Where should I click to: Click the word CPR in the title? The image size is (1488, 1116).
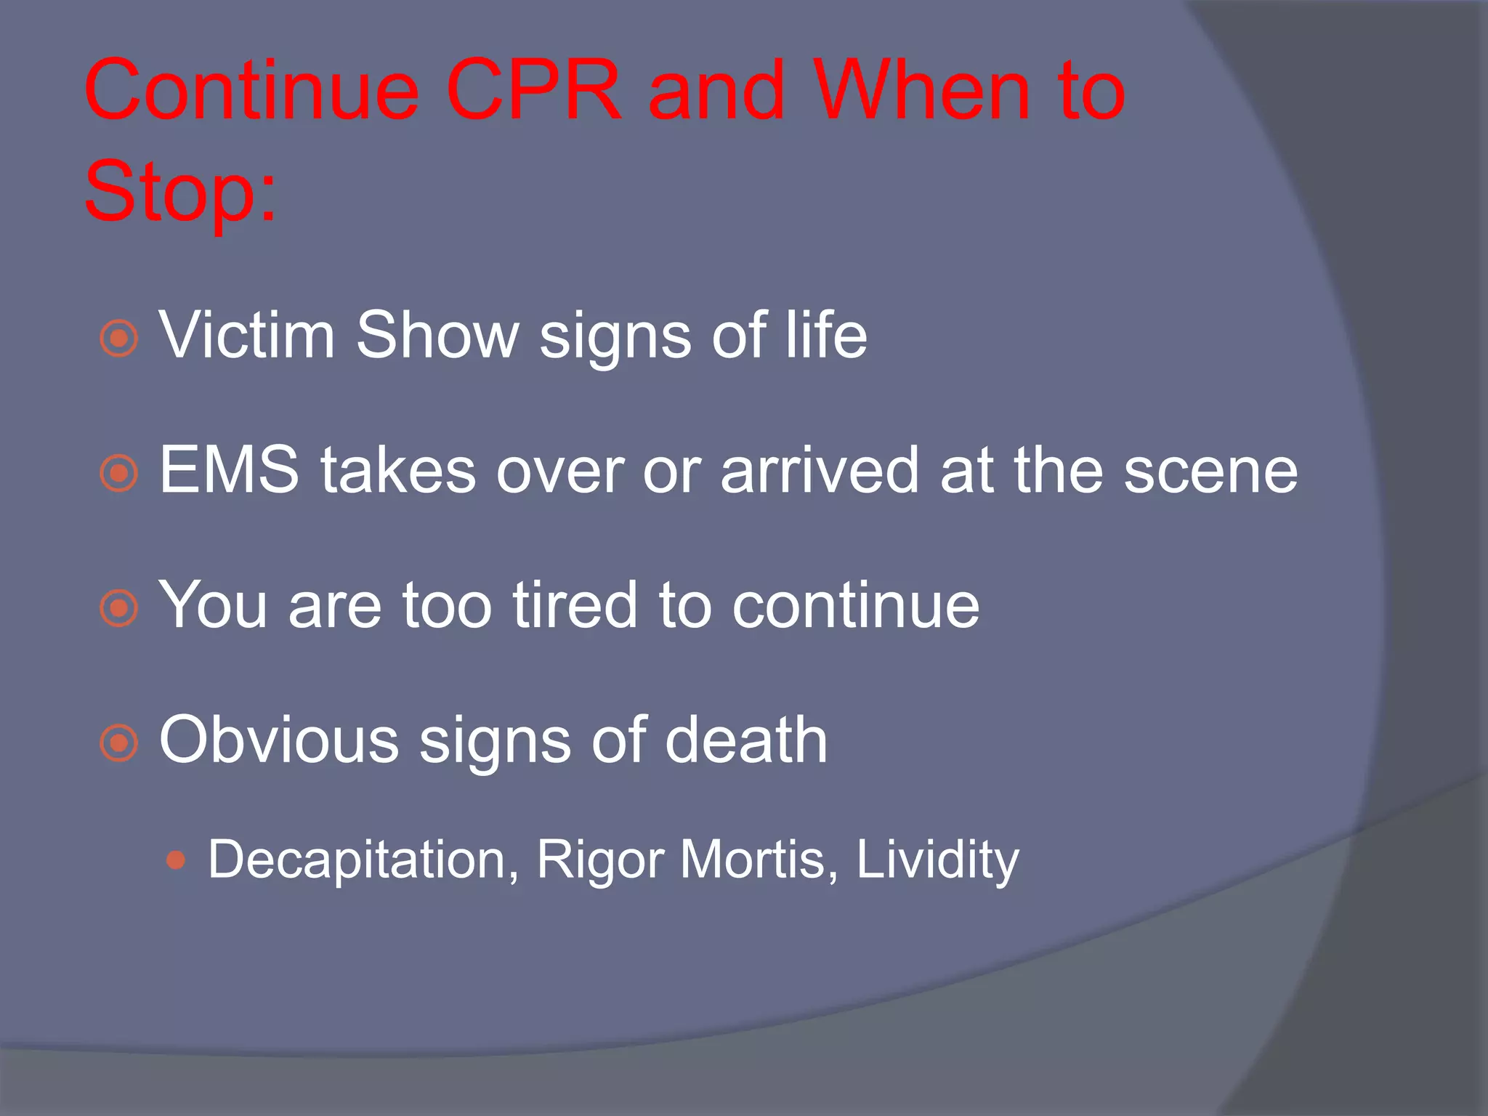coord(534,91)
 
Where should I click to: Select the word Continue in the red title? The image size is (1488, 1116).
coord(251,91)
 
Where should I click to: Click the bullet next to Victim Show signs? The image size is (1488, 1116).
coord(118,339)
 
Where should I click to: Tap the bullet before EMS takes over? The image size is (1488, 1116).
coord(118,474)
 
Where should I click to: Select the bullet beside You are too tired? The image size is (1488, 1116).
coord(118,608)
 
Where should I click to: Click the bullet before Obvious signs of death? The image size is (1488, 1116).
coord(118,743)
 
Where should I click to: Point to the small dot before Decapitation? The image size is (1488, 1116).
coord(176,861)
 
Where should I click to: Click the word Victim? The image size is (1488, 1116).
coord(247,335)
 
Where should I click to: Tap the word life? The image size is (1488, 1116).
coord(826,335)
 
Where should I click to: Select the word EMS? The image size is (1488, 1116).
coord(229,470)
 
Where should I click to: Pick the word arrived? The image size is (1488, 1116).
coord(820,470)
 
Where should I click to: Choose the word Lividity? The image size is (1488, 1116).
coord(937,860)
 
